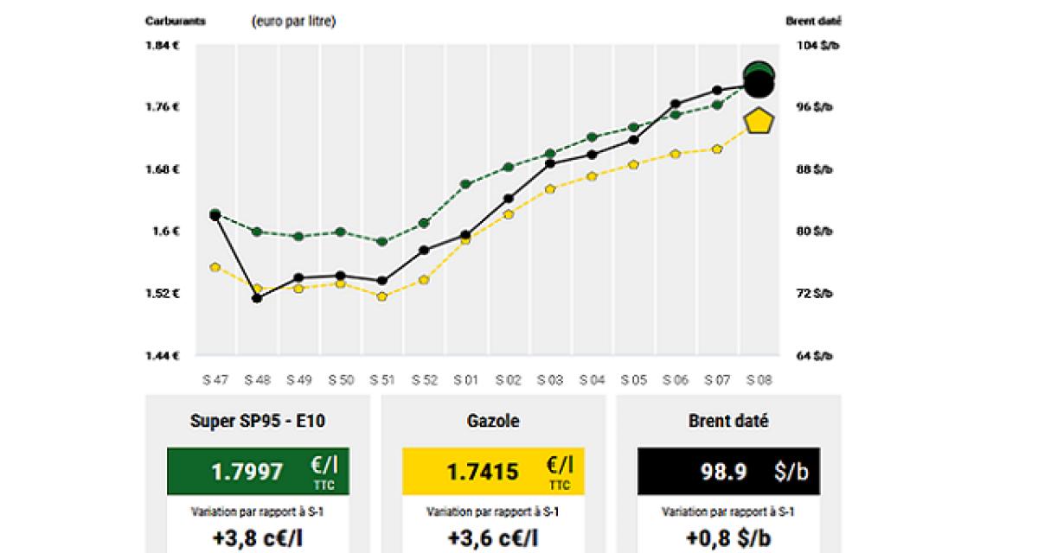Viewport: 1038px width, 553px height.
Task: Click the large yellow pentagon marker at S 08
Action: pyautogui.click(x=759, y=121)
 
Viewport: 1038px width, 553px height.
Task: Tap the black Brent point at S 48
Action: pyautogui.click(x=257, y=298)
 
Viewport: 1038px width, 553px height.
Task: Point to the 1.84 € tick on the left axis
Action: pyautogui.click(x=163, y=45)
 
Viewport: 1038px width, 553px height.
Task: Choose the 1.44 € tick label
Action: pyautogui.click(x=163, y=355)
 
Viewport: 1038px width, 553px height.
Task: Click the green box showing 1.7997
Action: pyautogui.click(x=258, y=471)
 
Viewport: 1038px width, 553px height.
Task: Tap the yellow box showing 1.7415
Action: pyautogui.click(x=493, y=471)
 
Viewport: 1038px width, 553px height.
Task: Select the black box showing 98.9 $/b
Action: pyautogui.click(x=728, y=471)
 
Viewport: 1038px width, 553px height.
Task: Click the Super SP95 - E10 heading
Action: pyautogui.click(x=258, y=422)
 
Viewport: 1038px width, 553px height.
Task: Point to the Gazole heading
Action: pyautogui.click(x=493, y=422)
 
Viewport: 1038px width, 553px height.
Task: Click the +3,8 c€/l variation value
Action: pyautogui.click(x=258, y=537)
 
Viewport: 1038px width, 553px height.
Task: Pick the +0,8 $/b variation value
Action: pyautogui.click(x=728, y=537)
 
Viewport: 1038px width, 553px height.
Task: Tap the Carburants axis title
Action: pyautogui.click(x=176, y=22)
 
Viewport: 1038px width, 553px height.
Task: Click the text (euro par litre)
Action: pyautogui.click(x=293, y=22)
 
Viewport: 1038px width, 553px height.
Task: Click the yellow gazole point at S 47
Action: pyautogui.click(x=215, y=267)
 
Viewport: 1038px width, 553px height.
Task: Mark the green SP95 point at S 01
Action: pyautogui.click(x=466, y=184)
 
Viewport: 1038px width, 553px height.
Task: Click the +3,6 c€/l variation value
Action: pyautogui.click(x=493, y=537)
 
